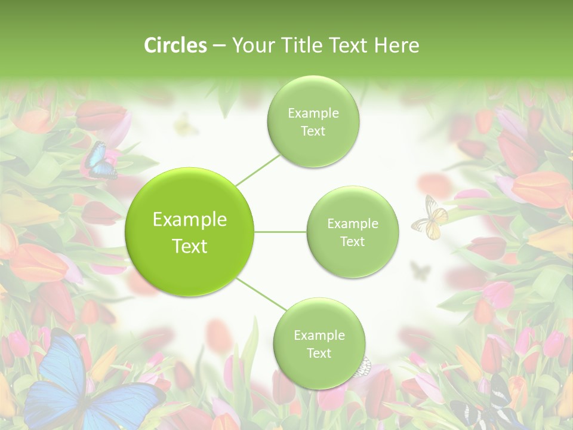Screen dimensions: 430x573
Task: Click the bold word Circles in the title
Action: (175, 45)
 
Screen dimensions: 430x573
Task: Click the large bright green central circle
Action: (189, 232)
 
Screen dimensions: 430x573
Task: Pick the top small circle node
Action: (313, 122)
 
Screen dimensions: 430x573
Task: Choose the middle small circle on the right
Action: (352, 232)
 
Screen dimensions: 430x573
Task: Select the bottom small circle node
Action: (319, 343)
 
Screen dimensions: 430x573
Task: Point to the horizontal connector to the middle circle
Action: (281, 232)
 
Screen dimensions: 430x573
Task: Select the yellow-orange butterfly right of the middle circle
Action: (430, 219)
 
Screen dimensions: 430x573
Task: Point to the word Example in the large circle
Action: (189, 220)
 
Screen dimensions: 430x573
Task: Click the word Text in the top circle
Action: (313, 131)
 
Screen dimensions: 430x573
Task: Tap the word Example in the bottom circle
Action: (319, 335)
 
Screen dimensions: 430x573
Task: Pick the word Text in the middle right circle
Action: (352, 241)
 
